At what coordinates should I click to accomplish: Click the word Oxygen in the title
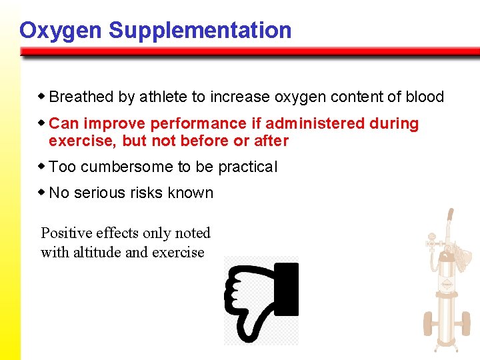61,31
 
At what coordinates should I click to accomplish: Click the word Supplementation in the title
200,31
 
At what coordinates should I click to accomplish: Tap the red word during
394,124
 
